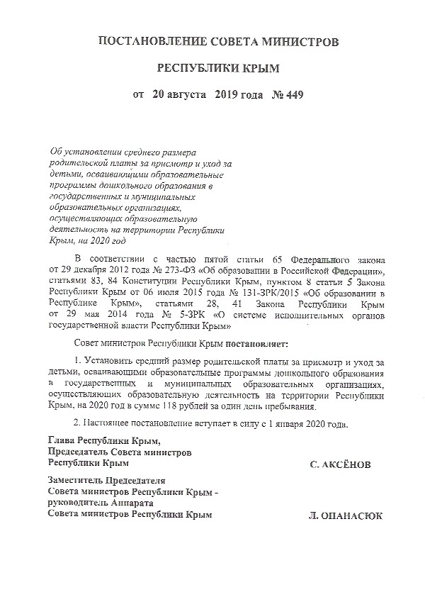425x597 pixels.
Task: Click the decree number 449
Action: tap(299, 94)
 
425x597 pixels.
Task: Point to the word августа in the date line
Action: tap(187, 94)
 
